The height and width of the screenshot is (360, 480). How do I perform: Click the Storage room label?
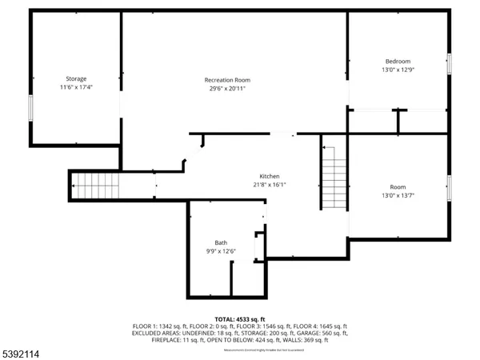click(x=76, y=79)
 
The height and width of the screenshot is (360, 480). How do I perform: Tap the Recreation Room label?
click(x=227, y=80)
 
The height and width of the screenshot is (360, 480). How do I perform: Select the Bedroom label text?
click(x=398, y=62)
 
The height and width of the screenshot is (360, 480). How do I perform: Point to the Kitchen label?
click(x=269, y=176)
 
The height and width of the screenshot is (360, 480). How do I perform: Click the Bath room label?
click(x=221, y=242)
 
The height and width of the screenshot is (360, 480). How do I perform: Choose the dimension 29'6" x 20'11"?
click(x=227, y=89)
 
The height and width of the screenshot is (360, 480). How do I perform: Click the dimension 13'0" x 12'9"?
click(x=398, y=70)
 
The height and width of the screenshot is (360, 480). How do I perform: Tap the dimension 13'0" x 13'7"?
click(x=398, y=195)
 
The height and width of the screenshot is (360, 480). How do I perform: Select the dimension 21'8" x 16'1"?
click(x=269, y=185)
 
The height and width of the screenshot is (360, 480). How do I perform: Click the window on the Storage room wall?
click(x=30, y=108)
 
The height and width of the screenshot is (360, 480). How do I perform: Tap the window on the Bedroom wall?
click(x=449, y=65)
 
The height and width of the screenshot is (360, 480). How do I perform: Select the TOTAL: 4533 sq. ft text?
click(x=239, y=319)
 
